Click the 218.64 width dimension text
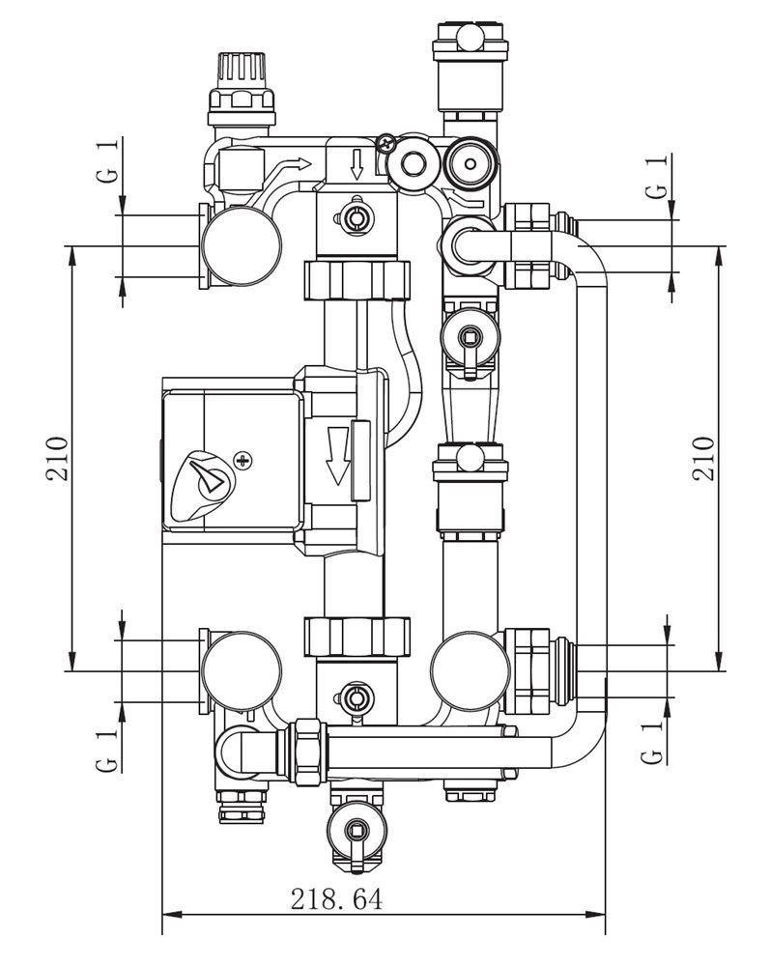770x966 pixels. [x=337, y=899]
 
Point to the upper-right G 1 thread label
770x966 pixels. [x=657, y=178]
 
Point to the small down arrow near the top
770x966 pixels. [x=356, y=164]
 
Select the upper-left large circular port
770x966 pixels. [x=241, y=246]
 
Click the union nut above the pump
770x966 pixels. [x=358, y=281]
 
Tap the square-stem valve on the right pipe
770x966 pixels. [x=470, y=337]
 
